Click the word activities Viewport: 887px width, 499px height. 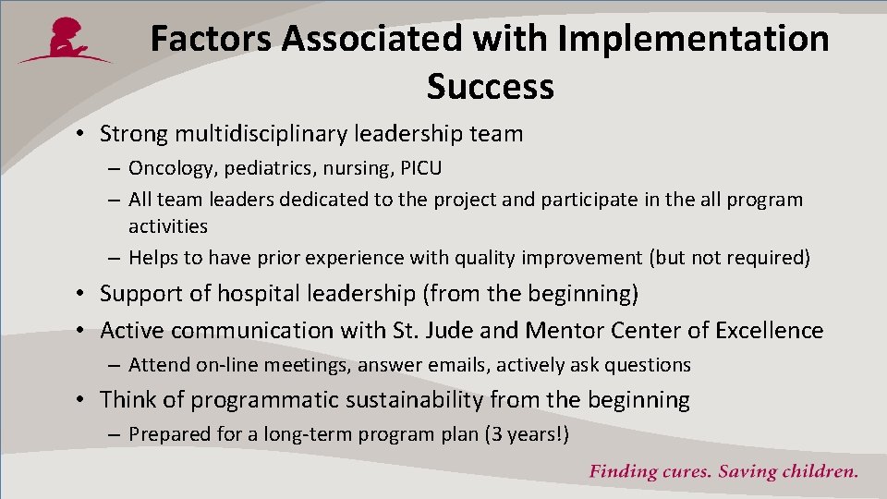pos(167,226)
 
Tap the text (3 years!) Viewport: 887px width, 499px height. pos(527,434)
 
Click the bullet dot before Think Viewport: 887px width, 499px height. pos(82,400)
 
